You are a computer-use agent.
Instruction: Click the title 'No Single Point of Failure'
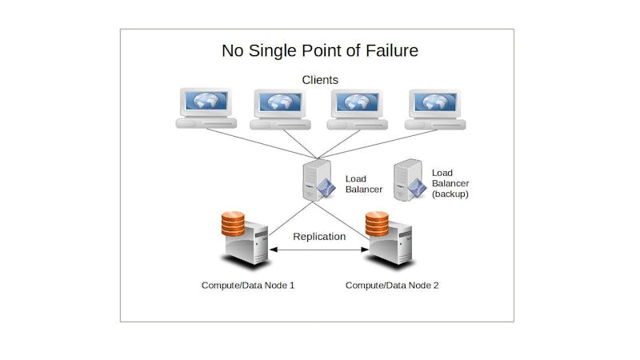[x=319, y=51]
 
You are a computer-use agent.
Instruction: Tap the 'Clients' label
[x=320, y=80]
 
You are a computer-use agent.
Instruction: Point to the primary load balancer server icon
[x=318, y=181]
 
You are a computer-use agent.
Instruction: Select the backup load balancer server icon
[x=408, y=181]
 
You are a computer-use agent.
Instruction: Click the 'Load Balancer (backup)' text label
[x=450, y=183]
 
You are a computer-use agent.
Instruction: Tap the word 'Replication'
[x=319, y=236]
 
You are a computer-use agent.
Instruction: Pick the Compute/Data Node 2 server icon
[x=390, y=240]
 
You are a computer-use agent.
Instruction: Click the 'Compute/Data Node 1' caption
[x=247, y=285]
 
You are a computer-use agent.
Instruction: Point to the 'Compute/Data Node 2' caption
[x=392, y=285]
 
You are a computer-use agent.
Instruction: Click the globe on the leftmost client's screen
[x=206, y=102]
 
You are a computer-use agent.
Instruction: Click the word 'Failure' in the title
[x=390, y=51]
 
